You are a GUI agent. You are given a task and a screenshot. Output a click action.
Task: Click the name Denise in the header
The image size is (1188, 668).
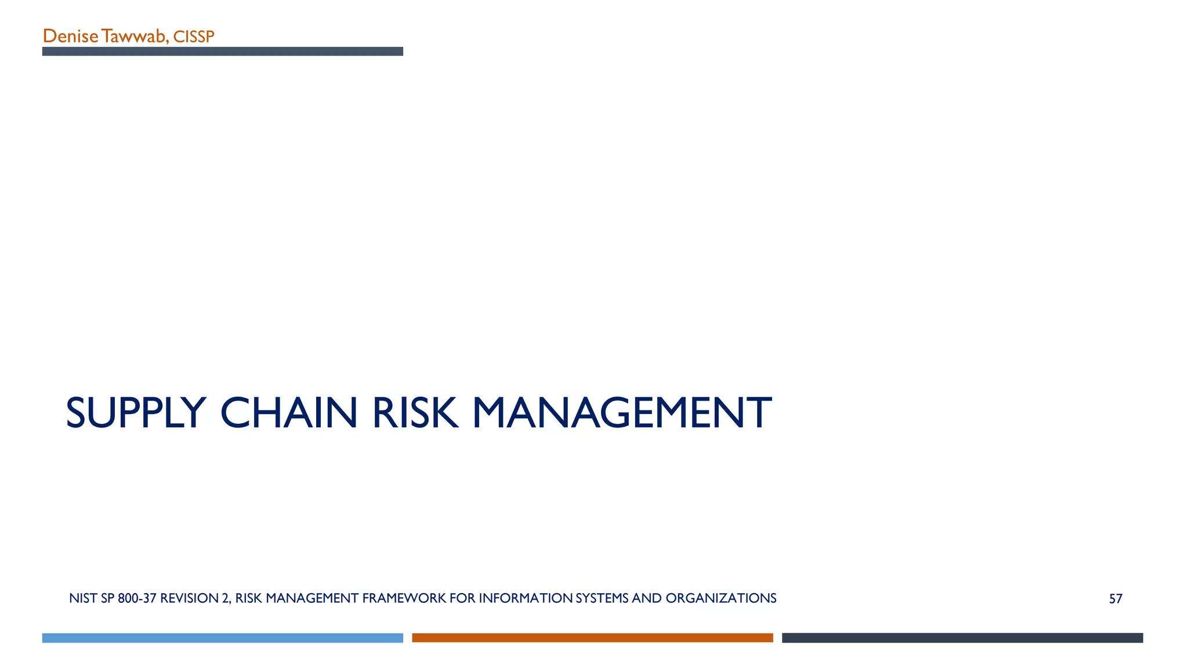(x=70, y=37)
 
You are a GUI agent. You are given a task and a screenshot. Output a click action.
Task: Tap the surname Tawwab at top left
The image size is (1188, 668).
(x=134, y=37)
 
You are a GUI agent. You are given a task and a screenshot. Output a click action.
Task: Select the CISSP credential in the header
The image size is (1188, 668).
(x=194, y=37)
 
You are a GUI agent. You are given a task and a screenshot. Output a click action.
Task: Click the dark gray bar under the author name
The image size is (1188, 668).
(x=222, y=52)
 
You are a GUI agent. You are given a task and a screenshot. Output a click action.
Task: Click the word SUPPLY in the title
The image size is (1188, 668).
(x=136, y=413)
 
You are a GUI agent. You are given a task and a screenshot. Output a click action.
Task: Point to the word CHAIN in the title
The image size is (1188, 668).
(x=289, y=413)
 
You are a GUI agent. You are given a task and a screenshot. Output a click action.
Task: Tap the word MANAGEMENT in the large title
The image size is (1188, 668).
(x=622, y=413)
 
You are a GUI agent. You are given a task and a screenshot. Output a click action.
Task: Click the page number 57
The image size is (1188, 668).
(x=1115, y=599)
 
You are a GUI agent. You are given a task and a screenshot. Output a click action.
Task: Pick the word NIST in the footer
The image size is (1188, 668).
(x=83, y=598)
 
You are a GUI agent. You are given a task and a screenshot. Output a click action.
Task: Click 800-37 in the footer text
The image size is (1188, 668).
(x=137, y=598)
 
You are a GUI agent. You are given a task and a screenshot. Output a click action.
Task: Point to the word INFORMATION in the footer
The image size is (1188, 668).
(x=526, y=598)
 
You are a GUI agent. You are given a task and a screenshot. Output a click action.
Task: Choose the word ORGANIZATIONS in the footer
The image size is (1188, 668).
(x=721, y=598)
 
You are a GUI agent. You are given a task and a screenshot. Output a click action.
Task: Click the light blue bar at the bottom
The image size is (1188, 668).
(x=222, y=638)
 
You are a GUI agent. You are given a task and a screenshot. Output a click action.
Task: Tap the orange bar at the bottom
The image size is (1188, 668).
(x=592, y=638)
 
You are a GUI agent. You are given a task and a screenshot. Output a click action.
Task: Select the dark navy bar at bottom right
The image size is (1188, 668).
(x=962, y=638)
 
